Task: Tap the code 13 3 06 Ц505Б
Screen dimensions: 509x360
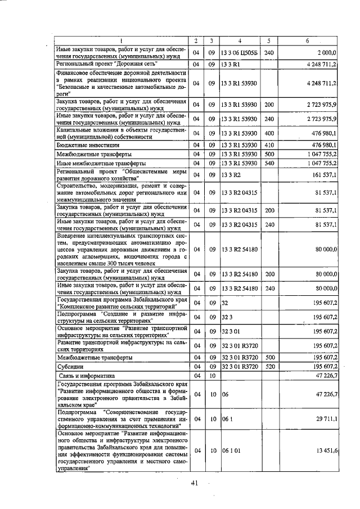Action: (239, 53)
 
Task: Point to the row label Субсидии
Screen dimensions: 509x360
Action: (71, 367)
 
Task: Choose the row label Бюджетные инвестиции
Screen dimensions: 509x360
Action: (89, 145)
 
